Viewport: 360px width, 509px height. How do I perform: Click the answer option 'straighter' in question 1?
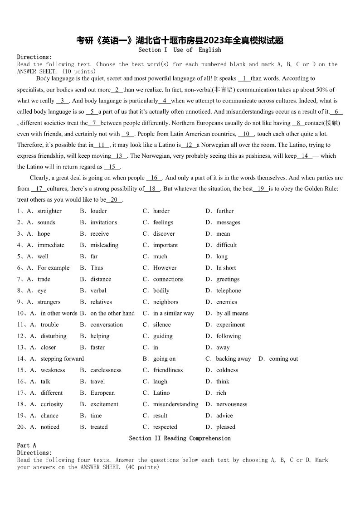coord(49,211)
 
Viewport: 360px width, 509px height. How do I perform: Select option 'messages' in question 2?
coord(228,222)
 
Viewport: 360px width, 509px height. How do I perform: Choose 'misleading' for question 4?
coord(104,245)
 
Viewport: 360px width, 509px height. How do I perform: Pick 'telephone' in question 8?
coord(229,291)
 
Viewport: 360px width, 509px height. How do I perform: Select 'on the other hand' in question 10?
coord(112,313)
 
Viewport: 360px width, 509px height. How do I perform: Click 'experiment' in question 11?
coord(230,325)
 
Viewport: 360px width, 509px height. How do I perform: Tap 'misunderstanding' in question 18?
coord(175,404)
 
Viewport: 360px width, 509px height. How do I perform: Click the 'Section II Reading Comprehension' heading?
coord(180,438)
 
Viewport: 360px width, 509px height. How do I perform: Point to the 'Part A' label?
coord(26,446)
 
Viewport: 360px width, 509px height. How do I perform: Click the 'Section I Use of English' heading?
coord(180,50)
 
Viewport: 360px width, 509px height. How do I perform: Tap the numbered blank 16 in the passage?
coord(154,178)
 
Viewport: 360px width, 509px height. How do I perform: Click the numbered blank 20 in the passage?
coord(114,199)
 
